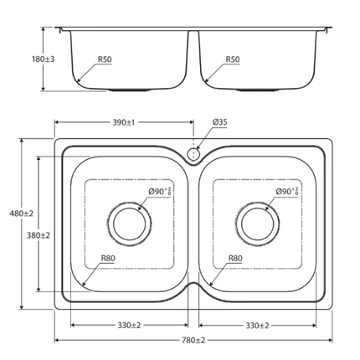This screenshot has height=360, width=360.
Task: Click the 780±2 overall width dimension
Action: pyautogui.click(x=193, y=340)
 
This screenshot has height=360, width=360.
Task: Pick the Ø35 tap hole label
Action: pyautogui.click(x=219, y=122)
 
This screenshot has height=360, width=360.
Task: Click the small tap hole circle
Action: pyautogui.click(x=193, y=154)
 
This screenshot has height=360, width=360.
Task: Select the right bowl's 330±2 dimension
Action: pyautogui.click(x=258, y=324)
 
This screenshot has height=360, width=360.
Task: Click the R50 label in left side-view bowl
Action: pyautogui.click(x=105, y=59)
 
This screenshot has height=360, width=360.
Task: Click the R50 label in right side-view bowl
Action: pyautogui.click(x=234, y=59)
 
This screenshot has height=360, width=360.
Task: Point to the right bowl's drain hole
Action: pyautogui.click(x=258, y=223)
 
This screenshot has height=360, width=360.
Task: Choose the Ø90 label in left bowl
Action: pyautogui.click(x=159, y=192)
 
